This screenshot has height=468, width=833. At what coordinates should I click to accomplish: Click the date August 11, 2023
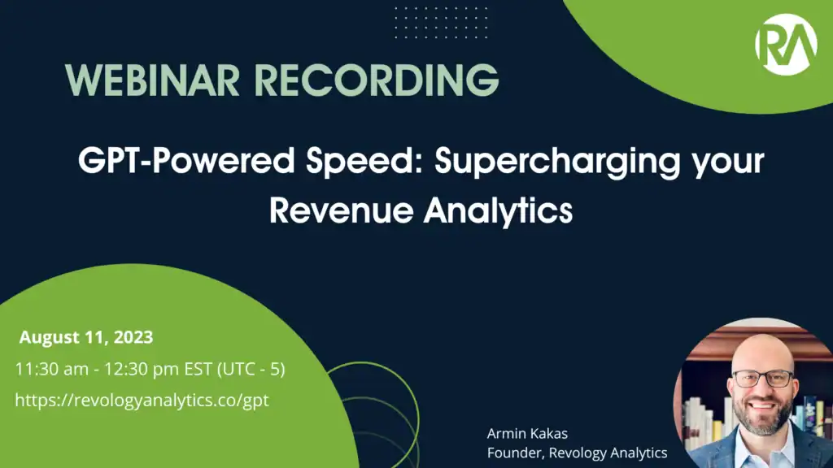86,337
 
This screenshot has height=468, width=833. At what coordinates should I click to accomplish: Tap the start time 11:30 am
50,368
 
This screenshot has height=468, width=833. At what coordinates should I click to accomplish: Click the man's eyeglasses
762,379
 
